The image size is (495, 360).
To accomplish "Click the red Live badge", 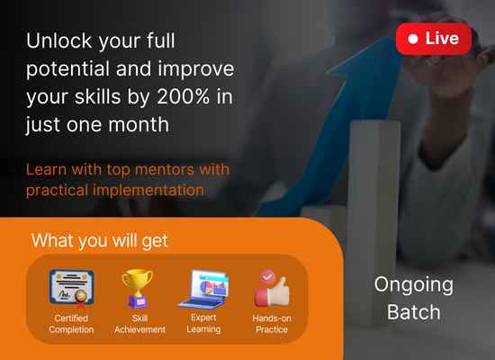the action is [x=434, y=39].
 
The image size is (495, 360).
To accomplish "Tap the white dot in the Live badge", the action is [x=413, y=39].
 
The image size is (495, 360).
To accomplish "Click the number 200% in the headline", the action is [x=183, y=96].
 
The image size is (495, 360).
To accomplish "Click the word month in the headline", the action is [x=139, y=124].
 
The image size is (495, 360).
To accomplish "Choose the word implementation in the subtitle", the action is [x=148, y=190].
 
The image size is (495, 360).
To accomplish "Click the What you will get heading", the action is [x=99, y=240].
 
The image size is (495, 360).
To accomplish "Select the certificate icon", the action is [x=72, y=289].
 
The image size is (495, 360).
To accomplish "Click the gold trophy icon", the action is [x=138, y=288].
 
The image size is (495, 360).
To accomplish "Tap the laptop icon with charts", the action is [x=203, y=289].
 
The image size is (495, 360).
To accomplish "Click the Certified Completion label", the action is [x=71, y=324].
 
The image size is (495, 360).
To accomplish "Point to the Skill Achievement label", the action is [x=139, y=324].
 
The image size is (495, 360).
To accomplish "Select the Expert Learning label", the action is [x=203, y=323].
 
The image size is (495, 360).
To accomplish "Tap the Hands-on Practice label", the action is [x=272, y=324].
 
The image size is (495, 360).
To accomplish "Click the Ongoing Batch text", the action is [x=414, y=298].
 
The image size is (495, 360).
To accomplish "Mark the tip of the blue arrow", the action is [x=386, y=37].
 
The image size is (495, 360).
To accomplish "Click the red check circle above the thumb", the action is [x=267, y=277].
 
